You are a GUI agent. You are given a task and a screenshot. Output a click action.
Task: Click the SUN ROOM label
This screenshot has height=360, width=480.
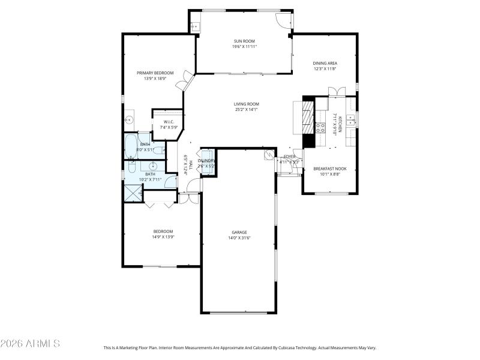(x=245, y=41)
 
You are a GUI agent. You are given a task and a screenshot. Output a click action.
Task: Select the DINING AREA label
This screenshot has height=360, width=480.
(x=325, y=63)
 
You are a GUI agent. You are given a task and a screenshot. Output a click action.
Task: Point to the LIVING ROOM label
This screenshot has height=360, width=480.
(x=245, y=104)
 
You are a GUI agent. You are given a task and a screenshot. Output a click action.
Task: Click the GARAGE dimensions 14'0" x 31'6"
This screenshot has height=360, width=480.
(x=239, y=238)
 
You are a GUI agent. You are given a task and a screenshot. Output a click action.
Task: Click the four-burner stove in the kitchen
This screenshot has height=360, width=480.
(x=321, y=127)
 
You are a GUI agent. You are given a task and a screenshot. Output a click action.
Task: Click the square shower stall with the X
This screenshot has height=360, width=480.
(x=131, y=193)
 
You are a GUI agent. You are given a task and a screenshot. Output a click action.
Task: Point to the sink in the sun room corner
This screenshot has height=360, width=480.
(x=195, y=26)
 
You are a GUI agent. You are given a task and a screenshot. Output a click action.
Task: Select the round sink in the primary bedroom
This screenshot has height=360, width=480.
(x=128, y=120)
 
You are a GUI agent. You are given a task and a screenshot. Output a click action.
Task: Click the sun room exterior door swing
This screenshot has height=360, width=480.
(x=283, y=19)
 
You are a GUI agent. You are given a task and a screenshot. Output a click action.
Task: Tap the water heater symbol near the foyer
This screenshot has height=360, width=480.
(x=269, y=154)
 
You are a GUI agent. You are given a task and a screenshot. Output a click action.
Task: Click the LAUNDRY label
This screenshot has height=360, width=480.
(x=206, y=161)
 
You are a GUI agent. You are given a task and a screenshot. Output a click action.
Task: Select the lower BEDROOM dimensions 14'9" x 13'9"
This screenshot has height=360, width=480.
(x=163, y=237)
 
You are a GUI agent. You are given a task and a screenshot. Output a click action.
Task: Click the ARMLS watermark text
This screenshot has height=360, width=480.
(x=30, y=343)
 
